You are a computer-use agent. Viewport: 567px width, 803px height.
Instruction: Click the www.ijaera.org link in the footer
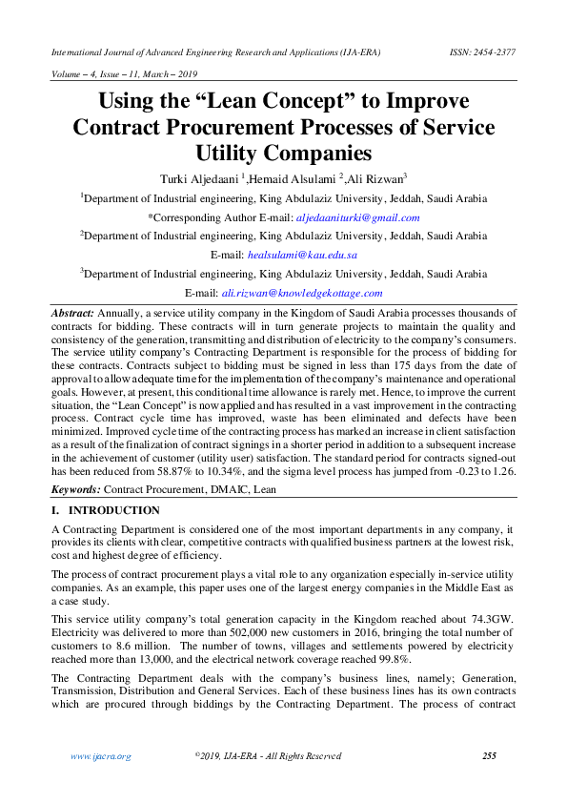[101, 756]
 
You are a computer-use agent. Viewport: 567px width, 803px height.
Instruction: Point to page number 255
[489, 756]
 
